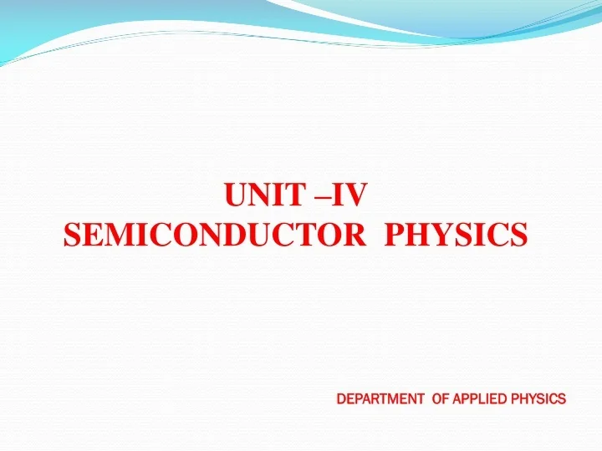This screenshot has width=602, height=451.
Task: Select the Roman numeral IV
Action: pos(349,196)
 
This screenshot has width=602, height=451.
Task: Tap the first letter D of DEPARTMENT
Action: pos(340,398)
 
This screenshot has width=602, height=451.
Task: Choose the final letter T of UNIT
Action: pos(295,196)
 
